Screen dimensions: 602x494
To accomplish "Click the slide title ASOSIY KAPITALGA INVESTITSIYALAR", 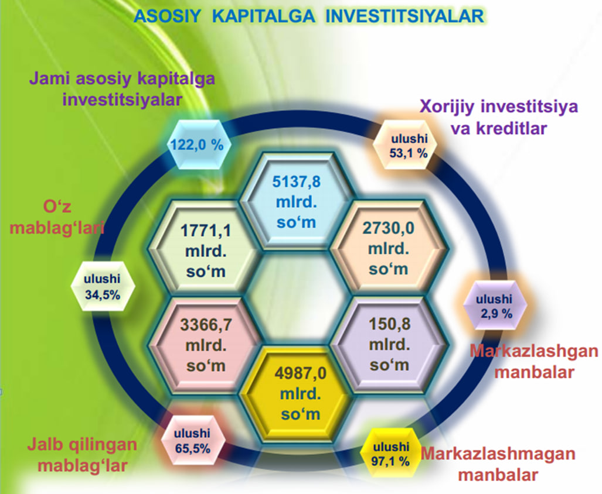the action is (x=309, y=16).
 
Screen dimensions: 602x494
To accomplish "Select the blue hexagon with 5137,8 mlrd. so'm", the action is (x=296, y=201).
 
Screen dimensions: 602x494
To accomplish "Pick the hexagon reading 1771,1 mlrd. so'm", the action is (x=206, y=251).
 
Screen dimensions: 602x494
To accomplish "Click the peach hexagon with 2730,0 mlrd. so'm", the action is (x=389, y=249).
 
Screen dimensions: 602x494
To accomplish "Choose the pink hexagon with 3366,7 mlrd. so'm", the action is (x=206, y=345).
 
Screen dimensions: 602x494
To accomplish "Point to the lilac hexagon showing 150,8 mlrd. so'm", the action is (x=389, y=345).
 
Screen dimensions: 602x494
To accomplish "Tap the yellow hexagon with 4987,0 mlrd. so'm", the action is (x=300, y=393).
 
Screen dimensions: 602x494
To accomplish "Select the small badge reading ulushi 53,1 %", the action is (x=409, y=146).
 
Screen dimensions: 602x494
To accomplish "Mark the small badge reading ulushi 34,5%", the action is (x=103, y=286).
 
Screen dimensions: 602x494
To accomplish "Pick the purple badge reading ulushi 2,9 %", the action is (x=495, y=306).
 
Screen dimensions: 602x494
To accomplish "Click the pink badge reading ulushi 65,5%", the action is (x=192, y=441).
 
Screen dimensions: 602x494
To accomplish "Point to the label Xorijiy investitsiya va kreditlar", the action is (x=499, y=117).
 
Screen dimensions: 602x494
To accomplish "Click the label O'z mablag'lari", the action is (x=57, y=218).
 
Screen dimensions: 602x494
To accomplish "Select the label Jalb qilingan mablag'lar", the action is (x=82, y=455).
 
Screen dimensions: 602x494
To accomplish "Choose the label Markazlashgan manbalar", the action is (x=534, y=361).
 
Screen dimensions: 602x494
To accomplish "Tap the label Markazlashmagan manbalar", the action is (x=498, y=464).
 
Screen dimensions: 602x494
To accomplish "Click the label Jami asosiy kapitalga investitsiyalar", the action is (x=122, y=90).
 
